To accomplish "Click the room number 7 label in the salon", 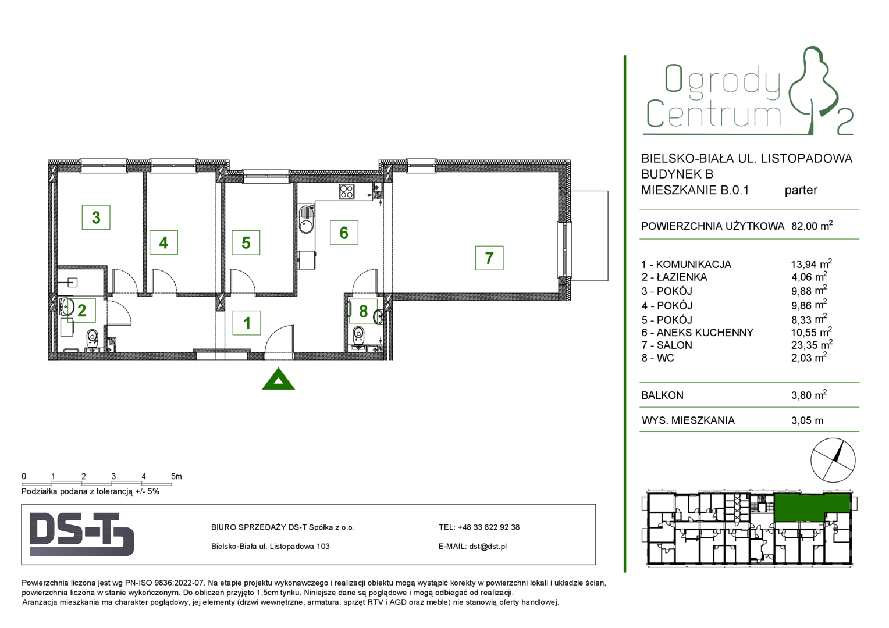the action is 489,258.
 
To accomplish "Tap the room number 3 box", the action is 96,217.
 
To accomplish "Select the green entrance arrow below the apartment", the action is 278,379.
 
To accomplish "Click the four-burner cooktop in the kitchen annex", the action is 347,192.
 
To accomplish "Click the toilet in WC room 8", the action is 358,335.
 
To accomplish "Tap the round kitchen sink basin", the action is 306,227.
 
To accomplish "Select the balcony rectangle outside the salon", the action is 589,236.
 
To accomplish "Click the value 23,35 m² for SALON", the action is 812,344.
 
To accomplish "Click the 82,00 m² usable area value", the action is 812,226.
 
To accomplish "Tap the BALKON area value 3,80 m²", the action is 809,395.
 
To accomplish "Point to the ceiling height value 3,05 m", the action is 807,420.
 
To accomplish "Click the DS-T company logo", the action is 81,534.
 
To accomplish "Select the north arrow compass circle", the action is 833,460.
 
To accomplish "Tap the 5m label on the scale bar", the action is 176,476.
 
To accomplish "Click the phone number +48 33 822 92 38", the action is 489,527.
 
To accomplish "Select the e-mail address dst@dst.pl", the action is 488,546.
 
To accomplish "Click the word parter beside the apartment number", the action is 801,190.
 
